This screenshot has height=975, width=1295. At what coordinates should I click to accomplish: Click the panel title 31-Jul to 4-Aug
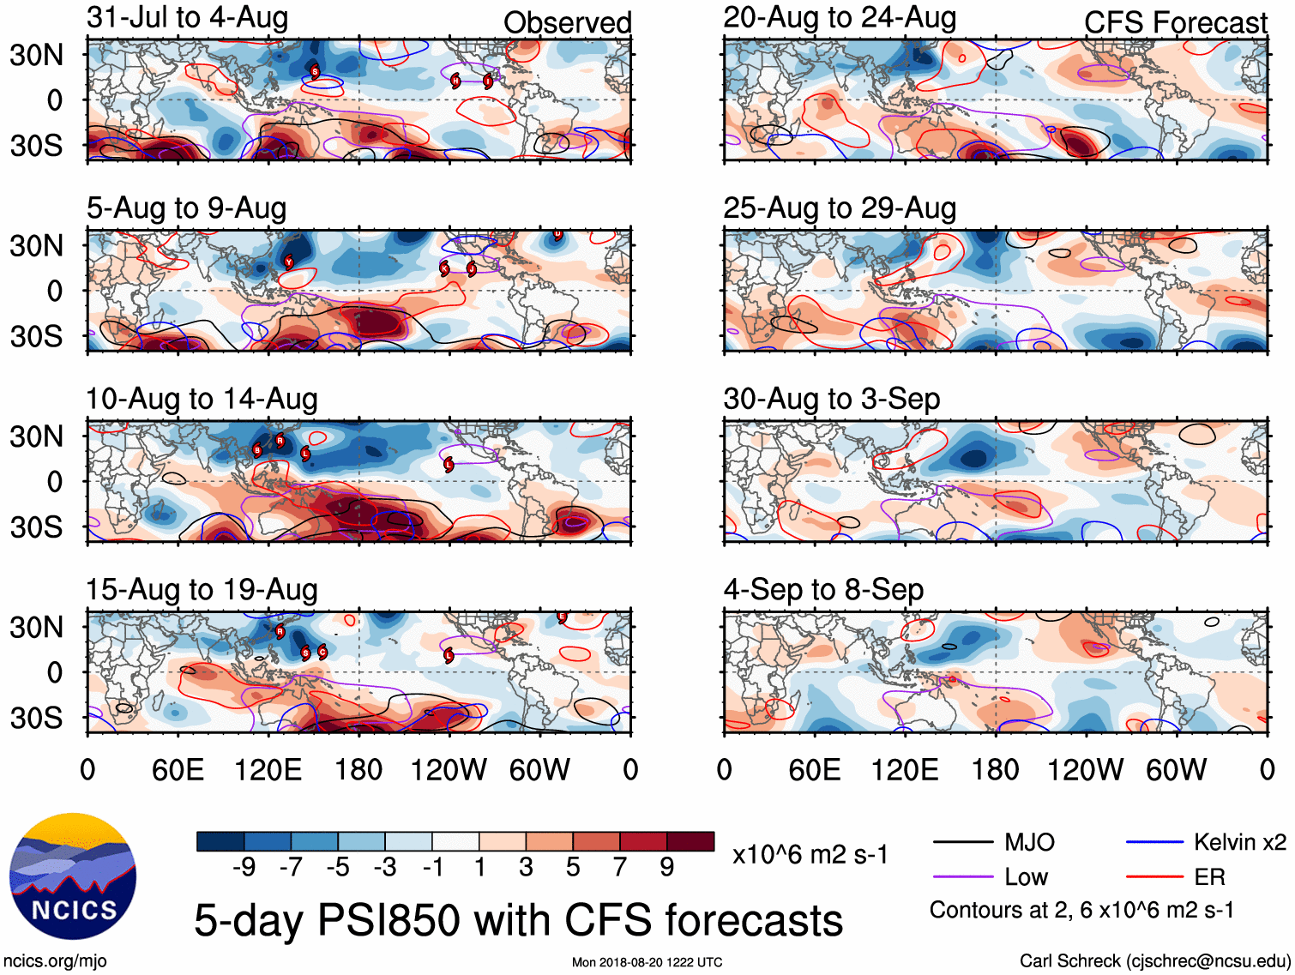(187, 18)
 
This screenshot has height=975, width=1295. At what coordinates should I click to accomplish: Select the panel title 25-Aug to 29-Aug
(839, 208)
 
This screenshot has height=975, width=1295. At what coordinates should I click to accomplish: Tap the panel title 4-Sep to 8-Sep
(823, 590)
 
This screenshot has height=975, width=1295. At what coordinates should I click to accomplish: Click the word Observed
(567, 23)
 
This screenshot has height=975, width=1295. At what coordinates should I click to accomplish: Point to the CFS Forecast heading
(1175, 23)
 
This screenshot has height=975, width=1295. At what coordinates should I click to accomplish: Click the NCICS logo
(73, 876)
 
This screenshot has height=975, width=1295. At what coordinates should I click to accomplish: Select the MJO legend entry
(1028, 842)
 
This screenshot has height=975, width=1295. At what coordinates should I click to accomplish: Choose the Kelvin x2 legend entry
(1239, 842)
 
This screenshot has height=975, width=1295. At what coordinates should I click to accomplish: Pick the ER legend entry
(1209, 877)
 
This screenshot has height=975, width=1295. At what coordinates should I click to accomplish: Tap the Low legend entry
(1026, 877)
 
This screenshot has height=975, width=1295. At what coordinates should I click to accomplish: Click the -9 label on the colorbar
(244, 868)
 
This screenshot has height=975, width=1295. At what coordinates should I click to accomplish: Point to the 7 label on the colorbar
(619, 868)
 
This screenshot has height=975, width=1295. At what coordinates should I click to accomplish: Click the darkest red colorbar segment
(690, 841)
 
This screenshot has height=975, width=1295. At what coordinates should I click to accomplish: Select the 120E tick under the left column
(268, 770)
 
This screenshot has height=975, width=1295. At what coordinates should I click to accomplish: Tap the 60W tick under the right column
(1176, 770)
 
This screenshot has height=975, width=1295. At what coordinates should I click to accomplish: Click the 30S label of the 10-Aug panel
(36, 527)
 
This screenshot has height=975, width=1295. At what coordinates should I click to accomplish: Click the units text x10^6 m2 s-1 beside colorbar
(810, 855)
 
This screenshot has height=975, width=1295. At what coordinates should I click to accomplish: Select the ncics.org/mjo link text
(55, 961)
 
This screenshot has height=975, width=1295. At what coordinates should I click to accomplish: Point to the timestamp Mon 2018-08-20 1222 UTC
(647, 962)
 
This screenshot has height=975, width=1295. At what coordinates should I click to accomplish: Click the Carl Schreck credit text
(1154, 961)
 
